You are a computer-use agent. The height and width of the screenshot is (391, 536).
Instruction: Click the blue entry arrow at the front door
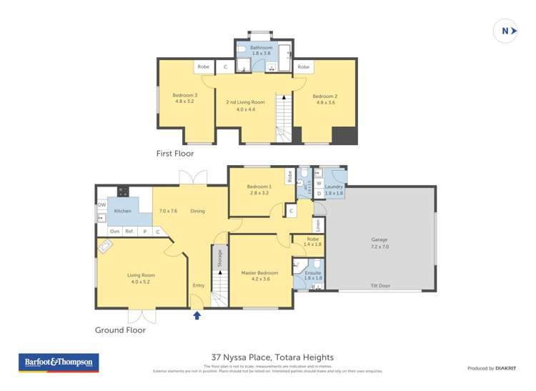(197, 315)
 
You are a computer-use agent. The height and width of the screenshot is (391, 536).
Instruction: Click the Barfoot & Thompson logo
(59, 362)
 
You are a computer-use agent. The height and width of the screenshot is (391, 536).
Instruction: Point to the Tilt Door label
(379, 285)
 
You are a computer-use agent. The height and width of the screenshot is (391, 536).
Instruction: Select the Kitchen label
(123, 211)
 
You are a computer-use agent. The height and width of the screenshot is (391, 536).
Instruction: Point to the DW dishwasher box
(101, 205)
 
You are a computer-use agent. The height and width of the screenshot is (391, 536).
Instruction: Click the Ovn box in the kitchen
(115, 232)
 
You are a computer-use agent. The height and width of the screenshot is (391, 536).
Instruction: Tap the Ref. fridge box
(130, 232)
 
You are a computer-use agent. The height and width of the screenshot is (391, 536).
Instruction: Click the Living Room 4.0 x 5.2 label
(142, 278)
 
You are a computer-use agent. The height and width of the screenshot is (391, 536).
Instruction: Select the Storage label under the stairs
(219, 258)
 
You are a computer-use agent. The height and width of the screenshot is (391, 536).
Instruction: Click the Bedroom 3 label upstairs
(184, 98)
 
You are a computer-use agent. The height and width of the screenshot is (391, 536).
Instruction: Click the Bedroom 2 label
(325, 99)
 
